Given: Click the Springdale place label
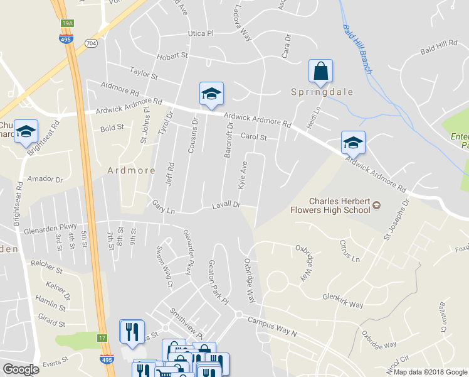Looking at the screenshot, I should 322,92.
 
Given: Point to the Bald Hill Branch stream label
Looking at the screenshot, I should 357,49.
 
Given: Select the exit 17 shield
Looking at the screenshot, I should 103,337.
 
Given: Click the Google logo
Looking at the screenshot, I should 21,369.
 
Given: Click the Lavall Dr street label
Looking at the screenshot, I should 226,205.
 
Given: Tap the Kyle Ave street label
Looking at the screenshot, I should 243,175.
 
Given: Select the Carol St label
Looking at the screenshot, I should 254,137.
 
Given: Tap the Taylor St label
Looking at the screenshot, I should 143,74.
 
